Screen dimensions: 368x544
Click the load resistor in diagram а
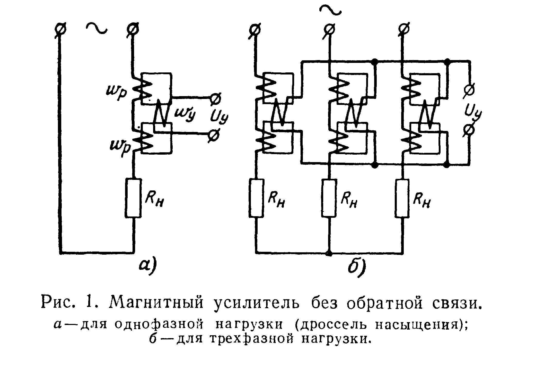tap(133, 198)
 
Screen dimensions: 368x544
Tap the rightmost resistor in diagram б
tap(402, 198)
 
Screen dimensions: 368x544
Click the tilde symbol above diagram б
tap(330, 11)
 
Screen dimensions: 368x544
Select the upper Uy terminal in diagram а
tap(215, 99)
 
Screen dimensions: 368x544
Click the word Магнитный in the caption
tap(156, 302)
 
